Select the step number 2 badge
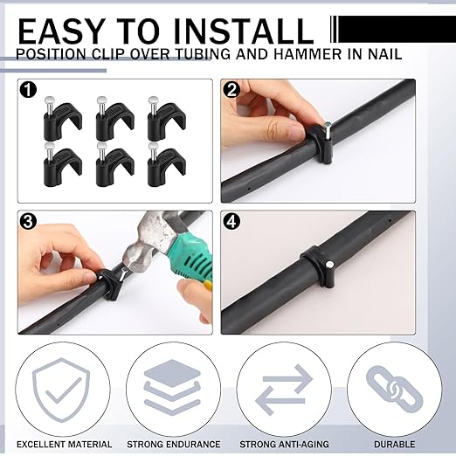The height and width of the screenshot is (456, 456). click(232, 90)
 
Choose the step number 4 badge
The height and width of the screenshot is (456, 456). click(232, 222)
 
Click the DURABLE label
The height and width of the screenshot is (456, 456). click(393, 445)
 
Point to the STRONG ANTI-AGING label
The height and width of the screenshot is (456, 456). click(285, 445)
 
